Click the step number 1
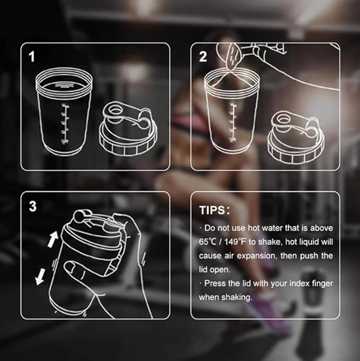coord(31,57)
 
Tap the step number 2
coord(203,57)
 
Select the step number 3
coord(33,206)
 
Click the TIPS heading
coord(214,210)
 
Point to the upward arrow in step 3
coord(52,239)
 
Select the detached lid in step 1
coord(128,128)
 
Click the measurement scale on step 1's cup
coord(65,124)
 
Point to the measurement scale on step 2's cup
coord(233,123)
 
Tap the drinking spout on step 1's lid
coord(115,110)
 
